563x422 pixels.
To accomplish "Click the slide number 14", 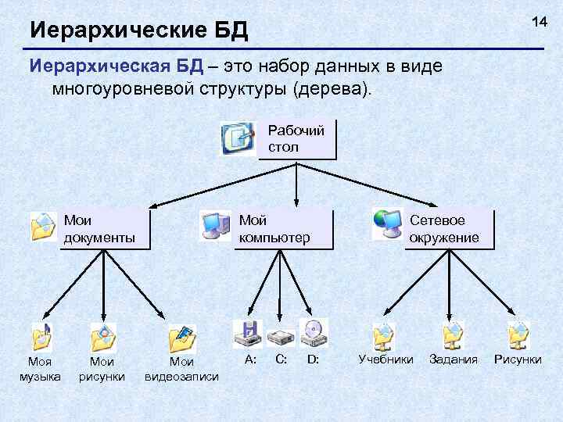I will click(x=540, y=22).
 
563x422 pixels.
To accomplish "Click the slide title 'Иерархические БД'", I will click(x=138, y=31).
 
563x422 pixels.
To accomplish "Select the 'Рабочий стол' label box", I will click(x=296, y=138).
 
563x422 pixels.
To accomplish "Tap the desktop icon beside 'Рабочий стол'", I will click(x=237, y=138).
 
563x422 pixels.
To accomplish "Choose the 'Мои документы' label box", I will click(x=105, y=229).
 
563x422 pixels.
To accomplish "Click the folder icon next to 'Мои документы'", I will click(x=44, y=226).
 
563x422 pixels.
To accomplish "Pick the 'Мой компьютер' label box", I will click(x=284, y=229).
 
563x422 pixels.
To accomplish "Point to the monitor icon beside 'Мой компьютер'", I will click(x=215, y=225).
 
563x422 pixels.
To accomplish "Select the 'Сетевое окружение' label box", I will click(x=450, y=229).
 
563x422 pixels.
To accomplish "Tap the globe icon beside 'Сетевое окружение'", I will click(x=386, y=224).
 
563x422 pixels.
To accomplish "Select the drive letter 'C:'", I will click(x=281, y=359).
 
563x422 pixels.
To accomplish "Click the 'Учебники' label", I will click(x=385, y=359).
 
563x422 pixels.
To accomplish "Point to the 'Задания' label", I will click(x=454, y=359).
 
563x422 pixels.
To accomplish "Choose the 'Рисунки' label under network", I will click(x=518, y=359).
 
